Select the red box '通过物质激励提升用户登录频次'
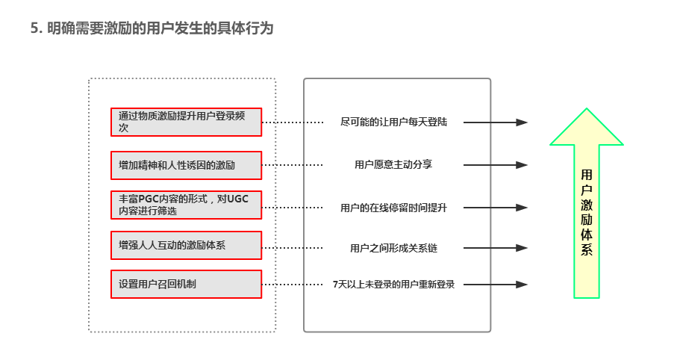(x=186, y=122)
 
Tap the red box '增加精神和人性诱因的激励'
(x=186, y=165)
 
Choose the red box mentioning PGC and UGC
(x=186, y=205)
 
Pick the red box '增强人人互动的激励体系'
(x=186, y=245)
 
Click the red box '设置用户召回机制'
(x=186, y=284)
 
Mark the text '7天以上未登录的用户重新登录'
(x=393, y=284)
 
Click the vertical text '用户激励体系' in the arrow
(x=587, y=213)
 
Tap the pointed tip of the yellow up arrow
(x=587, y=111)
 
